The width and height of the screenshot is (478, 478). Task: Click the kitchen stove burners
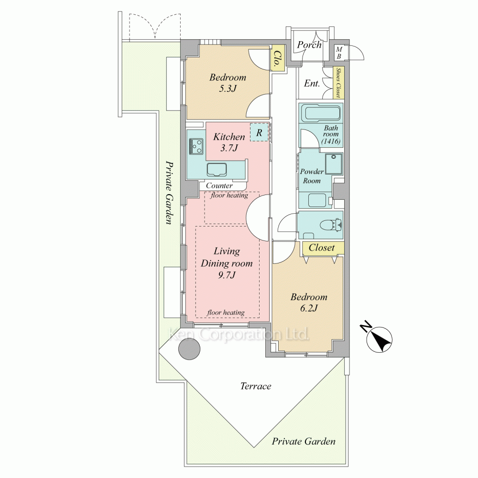pyautogui.click(x=196, y=146)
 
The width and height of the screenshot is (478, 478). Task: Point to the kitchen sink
pyautogui.click(x=217, y=170)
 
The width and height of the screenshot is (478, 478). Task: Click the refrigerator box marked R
pyautogui.click(x=259, y=132)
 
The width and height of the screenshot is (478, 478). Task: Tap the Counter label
pyautogui.click(x=219, y=185)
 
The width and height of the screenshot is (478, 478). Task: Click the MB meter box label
pyautogui.click(x=339, y=53)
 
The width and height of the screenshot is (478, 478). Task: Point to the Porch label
pyautogui.click(x=309, y=45)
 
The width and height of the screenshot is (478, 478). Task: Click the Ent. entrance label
pyautogui.click(x=312, y=83)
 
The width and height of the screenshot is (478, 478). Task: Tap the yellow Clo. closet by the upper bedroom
pyautogui.click(x=277, y=58)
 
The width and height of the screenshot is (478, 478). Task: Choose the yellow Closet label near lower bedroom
pyautogui.click(x=322, y=248)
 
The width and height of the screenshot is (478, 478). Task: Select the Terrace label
pyautogui.click(x=255, y=386)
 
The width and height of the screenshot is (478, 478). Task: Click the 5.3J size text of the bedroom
pyautogui.click(x=228, y=89)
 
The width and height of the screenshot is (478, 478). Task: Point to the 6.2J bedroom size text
pyautogui.click(x=309, y=308)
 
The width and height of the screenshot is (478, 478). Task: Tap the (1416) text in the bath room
pyautogui.click(x=331, y=141)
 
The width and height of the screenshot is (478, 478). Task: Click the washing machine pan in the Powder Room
pyautogui.click(x=334, y=163)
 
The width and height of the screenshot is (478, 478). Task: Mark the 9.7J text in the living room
pyautogui.click(x=227, y=275)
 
